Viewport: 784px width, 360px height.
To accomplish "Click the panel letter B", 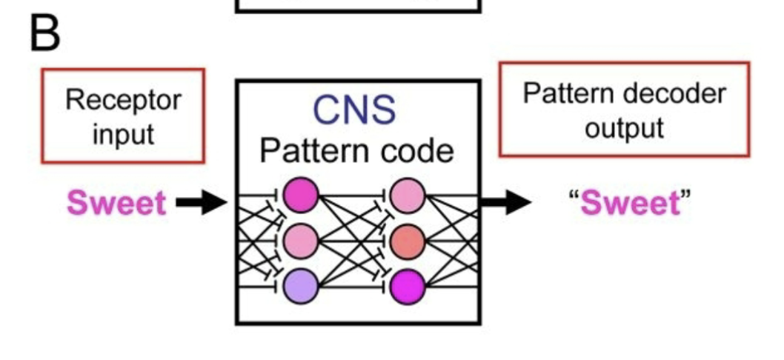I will click(x=45, y=33).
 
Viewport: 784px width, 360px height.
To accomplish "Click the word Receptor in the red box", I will click(x=123, y=100).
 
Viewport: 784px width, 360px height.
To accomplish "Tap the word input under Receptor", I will click(x=123, y=134).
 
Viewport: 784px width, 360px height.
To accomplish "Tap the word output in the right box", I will click(x=623, y=127).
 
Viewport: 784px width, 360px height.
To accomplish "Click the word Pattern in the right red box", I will click(x=568, y=93).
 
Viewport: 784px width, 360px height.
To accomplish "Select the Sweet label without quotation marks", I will click(x=117, y=202).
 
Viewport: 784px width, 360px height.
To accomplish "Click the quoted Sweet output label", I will click(x=629, y=202).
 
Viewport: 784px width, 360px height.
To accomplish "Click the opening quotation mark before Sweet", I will click(x=574, y=196).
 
